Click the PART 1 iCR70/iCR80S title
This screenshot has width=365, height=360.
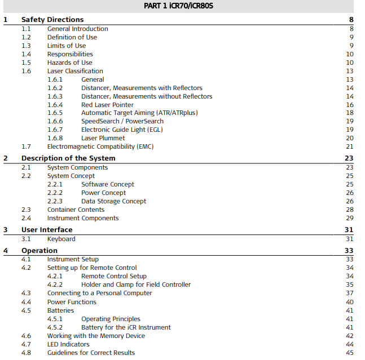(179, 7)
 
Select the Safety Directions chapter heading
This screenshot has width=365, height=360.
(52, 20)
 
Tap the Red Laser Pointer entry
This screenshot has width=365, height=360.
(107, 105)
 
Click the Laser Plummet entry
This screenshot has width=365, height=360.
(103, 138)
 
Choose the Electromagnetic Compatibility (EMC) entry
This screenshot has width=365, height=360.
(100, 146)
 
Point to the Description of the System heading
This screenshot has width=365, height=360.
(68, 158)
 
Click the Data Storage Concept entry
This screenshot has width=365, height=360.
(113, 201)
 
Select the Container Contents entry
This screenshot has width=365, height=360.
(76, 210)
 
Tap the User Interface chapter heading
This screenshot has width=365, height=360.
(47, 230)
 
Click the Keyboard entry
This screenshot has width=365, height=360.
(61, 239)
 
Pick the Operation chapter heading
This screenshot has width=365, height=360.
(39, 251)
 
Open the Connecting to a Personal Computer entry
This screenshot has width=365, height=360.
(100, 293)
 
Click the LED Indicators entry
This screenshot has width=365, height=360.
(68, 344)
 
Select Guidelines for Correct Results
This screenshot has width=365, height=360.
(91, 353)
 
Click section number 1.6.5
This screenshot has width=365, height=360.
(55, 113)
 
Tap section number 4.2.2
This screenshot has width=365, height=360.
(55, 285)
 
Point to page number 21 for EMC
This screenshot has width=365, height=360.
(349, 146)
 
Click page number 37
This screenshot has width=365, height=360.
(349, 293)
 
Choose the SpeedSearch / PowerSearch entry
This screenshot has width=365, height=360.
(122, 121)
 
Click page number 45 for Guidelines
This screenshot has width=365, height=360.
(349, 353)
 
